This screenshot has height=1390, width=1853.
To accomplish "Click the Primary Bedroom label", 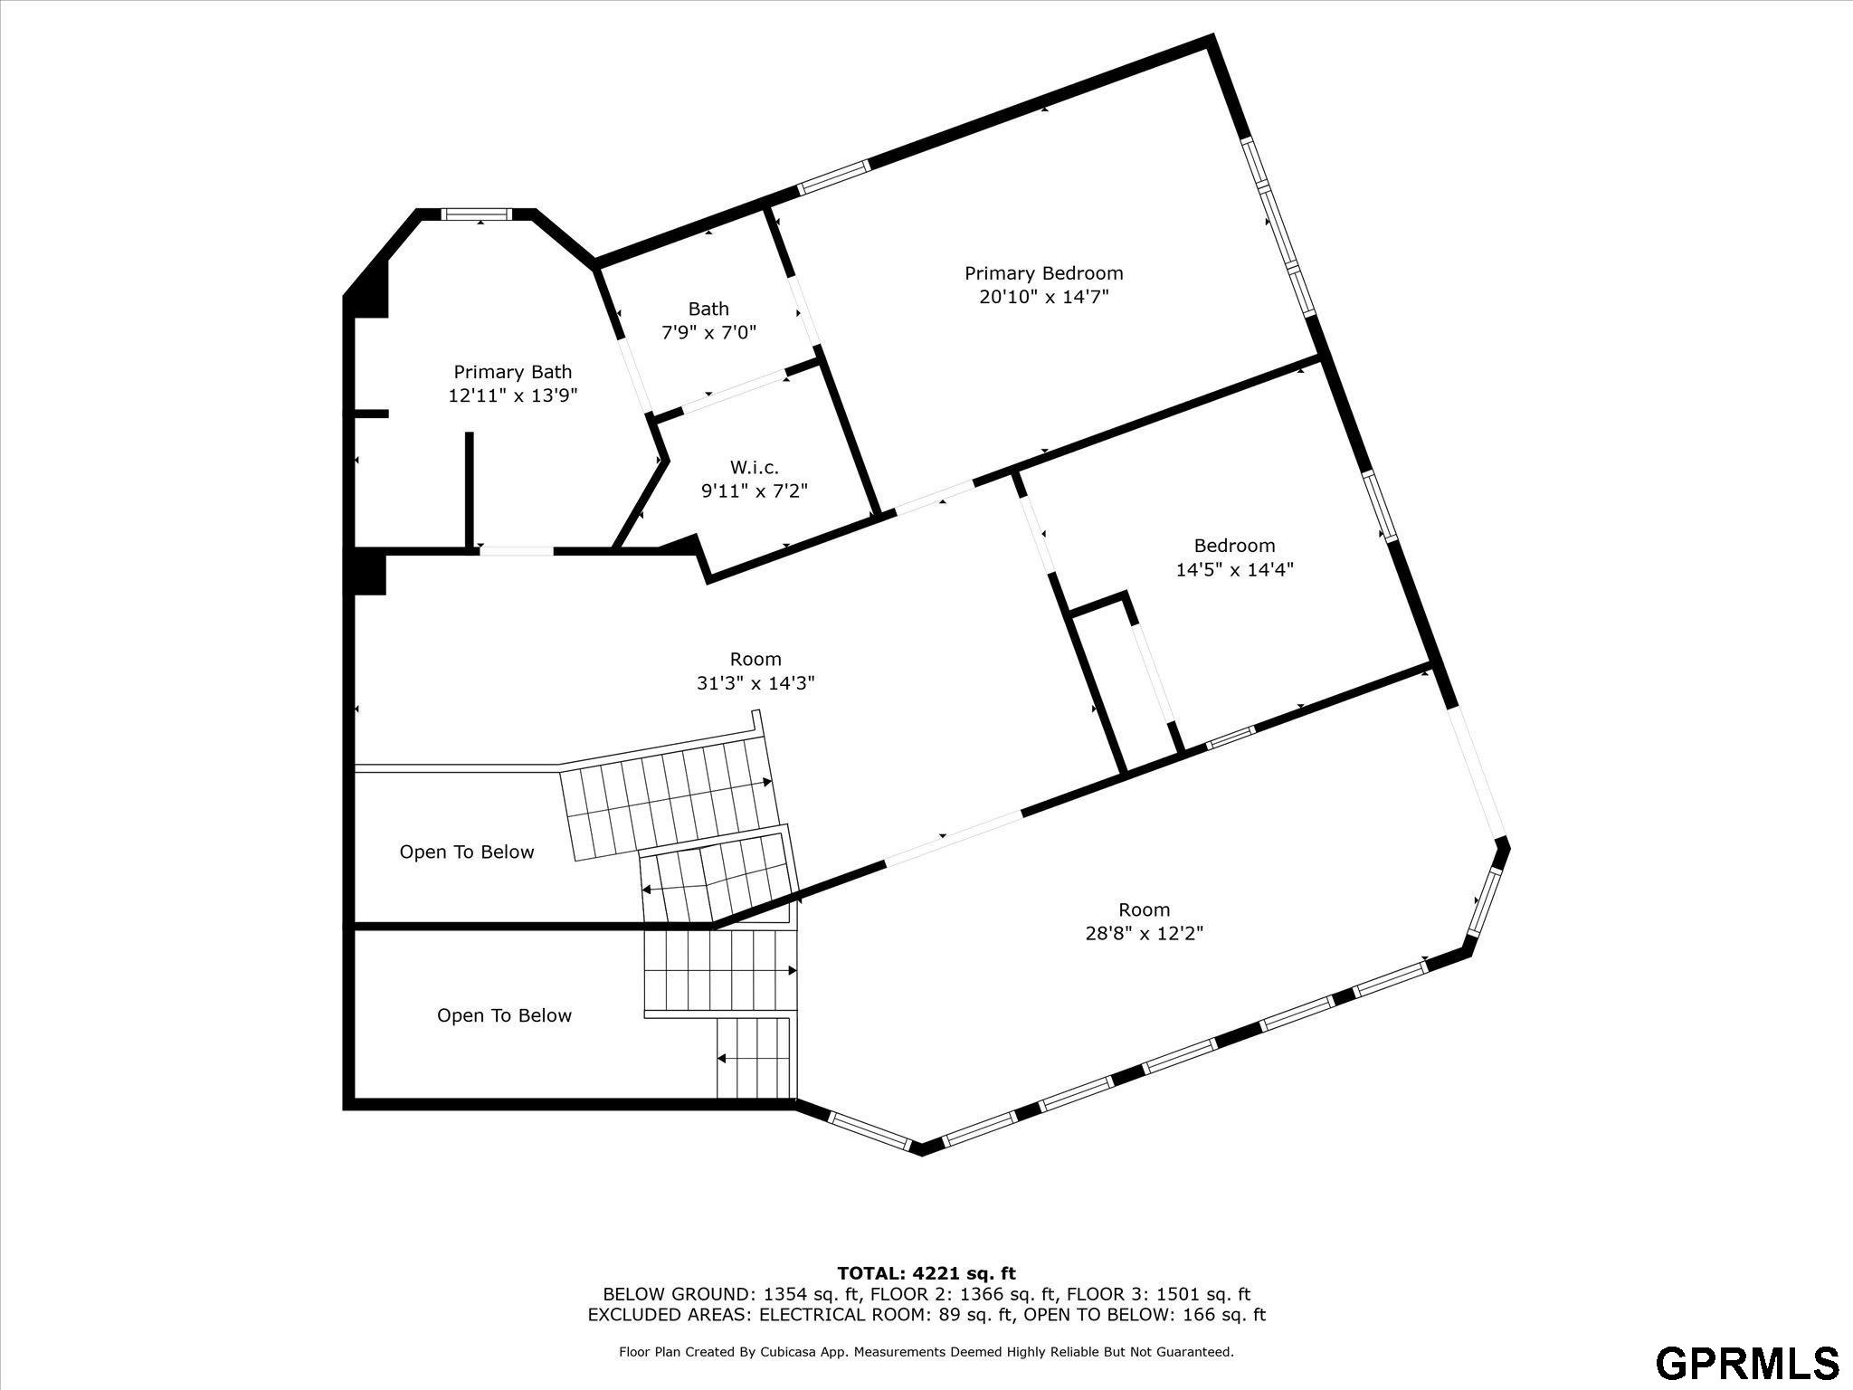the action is click(x=1043, y=273).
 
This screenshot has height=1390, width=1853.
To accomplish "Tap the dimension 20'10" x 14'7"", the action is click(x=1043, y=297).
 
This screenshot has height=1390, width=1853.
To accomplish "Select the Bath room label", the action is click(x=708, y=309).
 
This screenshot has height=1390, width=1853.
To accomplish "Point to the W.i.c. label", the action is click(x=754, y=467).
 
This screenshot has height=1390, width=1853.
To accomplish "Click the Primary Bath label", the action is click(x=512, y=372).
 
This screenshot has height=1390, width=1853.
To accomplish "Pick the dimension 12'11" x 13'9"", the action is click(x=512, y=395).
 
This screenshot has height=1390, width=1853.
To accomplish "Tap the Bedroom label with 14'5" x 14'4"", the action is click(x=1234, y=546).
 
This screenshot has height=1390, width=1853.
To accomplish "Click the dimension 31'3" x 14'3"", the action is click(x=755, y=683).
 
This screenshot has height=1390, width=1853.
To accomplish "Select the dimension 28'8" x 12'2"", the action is click(x=1144, y=933).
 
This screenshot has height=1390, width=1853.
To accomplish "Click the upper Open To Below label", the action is click(x=467, y=852).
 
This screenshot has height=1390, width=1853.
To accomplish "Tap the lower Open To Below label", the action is click(x=504, y=1016).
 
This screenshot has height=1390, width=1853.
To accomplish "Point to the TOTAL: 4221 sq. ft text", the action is click(x=926, y=1274).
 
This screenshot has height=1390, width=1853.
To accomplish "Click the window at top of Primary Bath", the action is click(x=477, y=214).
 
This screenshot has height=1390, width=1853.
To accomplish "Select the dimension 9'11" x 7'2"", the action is click(x=754, y=491).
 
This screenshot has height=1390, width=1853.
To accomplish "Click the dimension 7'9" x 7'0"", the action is click(x=708, y=333).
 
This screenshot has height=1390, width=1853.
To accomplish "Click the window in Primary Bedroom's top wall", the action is click(x=833, y=177).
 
